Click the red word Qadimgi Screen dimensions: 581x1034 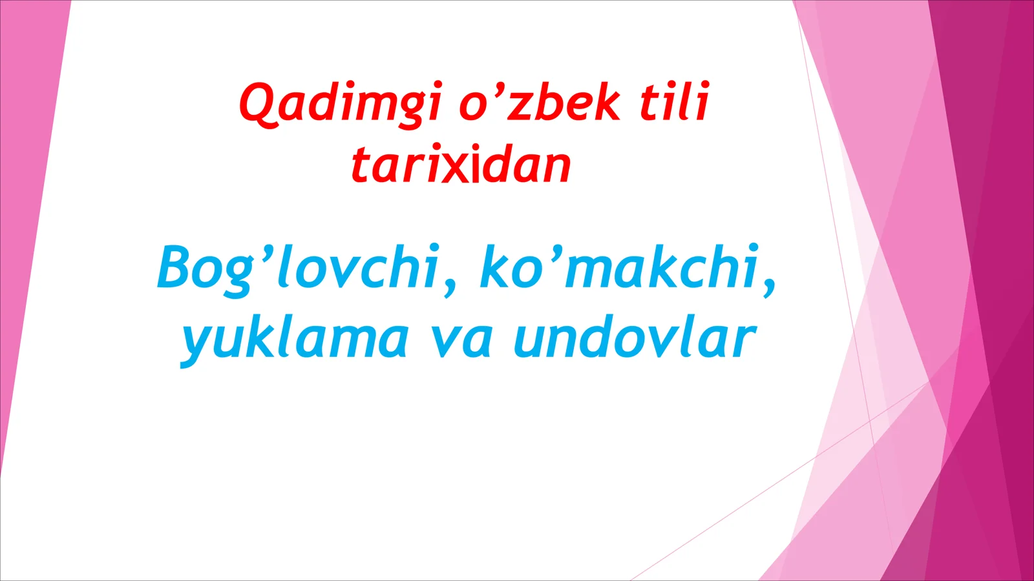[x=341, y=103]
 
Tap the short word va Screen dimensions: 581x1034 [x=461, y=340]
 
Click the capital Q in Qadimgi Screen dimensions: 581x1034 [x=258, y=103]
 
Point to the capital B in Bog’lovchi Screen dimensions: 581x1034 [x=175, y=267]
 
